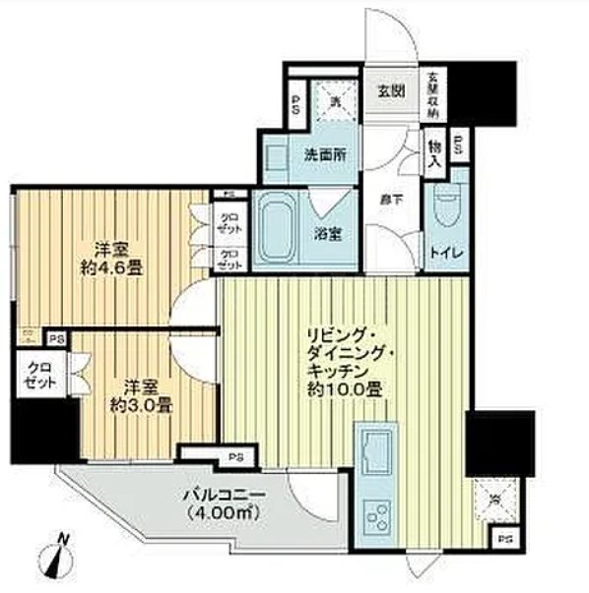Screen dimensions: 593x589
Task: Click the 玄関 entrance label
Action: [x=391, y=91]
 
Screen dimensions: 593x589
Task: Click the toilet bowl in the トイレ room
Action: [x=446, y=209]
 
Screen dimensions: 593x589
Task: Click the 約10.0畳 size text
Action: [x=341, y=389]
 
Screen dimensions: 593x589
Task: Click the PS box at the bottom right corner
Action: [x=505, y=539]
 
